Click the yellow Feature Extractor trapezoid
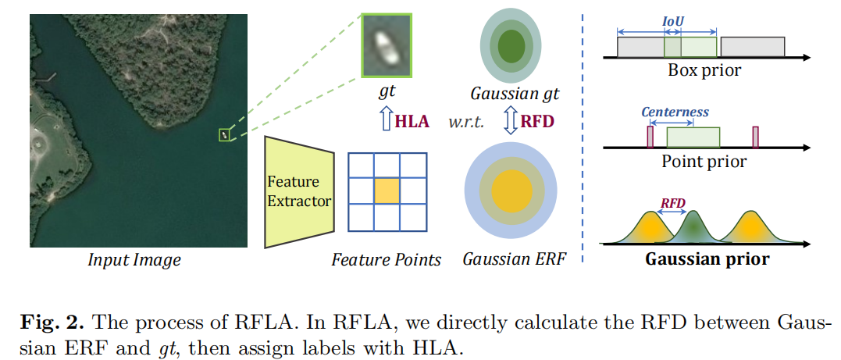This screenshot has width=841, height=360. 299,192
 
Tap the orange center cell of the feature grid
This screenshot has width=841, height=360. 386,191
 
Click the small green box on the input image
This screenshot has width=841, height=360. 225,135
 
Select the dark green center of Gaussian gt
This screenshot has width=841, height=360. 510,45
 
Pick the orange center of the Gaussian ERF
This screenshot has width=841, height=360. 510,191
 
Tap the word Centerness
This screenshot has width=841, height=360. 675,112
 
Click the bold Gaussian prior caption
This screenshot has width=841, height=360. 707,258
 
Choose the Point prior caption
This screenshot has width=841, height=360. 704,162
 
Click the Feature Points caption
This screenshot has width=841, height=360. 386,259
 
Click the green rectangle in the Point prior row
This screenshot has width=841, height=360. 693,138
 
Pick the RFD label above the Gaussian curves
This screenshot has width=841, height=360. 672,202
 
